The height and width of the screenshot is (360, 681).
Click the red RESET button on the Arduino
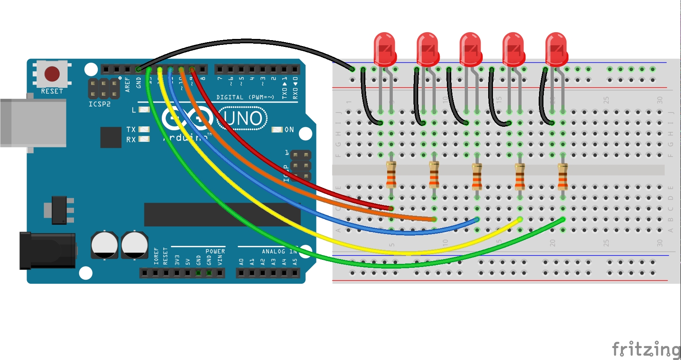pyautogui.click(x=52, y=74)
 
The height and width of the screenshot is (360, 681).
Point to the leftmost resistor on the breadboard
pyautogui.click(x=391, y=174)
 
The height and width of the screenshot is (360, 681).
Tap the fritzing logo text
pyautogui.click(x=646, y=349)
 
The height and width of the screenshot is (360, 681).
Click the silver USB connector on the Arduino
pyautogui.click(x=33, y=123)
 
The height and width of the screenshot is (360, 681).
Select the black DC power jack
pyautogui.click(x=48, y=250)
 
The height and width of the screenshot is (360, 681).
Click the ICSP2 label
pyautogui.click(x=99, y=104)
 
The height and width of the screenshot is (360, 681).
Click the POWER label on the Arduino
pyautogui.click(x=215, y=251)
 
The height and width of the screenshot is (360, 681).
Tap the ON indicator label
pyautogui.click(x=289, y=130)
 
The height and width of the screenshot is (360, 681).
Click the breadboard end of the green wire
pyautogui.click(x=562, y=219)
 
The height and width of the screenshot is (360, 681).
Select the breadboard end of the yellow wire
pyautogui.click(x=519, y=219)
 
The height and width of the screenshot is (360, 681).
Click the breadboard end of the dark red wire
pyautogui.click(x=391, y=208)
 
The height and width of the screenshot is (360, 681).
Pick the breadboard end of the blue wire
pyautogui.click(x=477, y=219)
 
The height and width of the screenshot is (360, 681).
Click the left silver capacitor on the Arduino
pyautogui.click(x=104, y=245)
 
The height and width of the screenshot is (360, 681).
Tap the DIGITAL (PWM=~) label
pyautogui.click(x=245, y=97)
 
